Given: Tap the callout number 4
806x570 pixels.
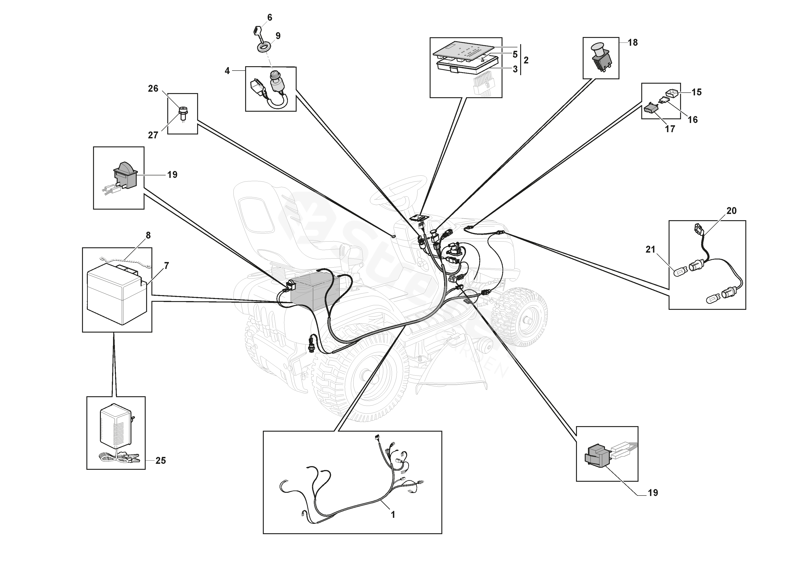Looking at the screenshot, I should (227, 71).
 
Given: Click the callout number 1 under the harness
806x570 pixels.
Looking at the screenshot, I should (393, 515).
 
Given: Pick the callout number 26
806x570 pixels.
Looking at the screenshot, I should (153, 88).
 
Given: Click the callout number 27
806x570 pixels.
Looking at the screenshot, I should (153, 135).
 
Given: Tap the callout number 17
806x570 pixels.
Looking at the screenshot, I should (670, 129).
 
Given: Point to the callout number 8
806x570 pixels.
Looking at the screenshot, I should (148, 235).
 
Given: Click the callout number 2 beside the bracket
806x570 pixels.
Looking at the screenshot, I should (526, 60).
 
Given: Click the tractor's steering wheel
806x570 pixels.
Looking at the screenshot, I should (400, 191).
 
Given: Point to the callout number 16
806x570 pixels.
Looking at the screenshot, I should (692, 120).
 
